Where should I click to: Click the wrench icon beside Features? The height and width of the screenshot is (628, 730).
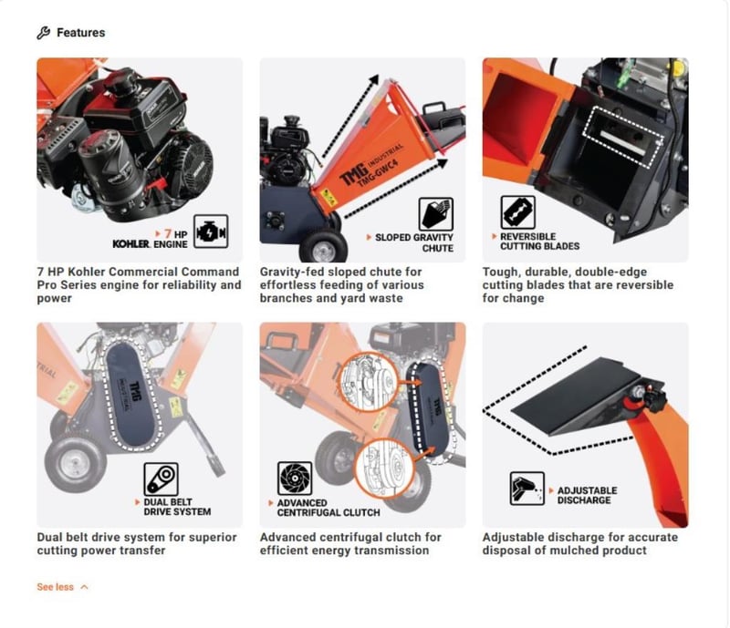coord(43,33)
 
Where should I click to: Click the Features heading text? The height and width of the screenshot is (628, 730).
coord(81,33)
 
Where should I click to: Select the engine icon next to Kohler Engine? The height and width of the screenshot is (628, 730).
coord(211,232)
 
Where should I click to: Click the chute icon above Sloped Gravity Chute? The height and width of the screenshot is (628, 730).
coord(436,214)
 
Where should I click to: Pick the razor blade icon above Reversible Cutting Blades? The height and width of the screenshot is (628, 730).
coord(517,212)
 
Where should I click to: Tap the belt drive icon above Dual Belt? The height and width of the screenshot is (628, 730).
coord(162,479)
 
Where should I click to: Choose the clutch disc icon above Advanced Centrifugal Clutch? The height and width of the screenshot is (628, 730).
coord(295,479)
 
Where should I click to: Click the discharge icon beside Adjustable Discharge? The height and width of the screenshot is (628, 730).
coord(527,489)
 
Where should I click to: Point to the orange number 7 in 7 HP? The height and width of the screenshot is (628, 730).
coord(168,233)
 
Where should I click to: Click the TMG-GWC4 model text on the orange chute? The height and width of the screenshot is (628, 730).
coord(377,174)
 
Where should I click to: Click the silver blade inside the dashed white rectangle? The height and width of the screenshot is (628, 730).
coord(623,142)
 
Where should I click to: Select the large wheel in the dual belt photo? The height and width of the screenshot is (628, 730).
coord(76,463)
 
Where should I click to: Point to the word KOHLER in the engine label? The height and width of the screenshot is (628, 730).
coord(131,244)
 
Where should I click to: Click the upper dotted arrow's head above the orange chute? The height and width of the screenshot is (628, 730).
coord(373,80)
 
